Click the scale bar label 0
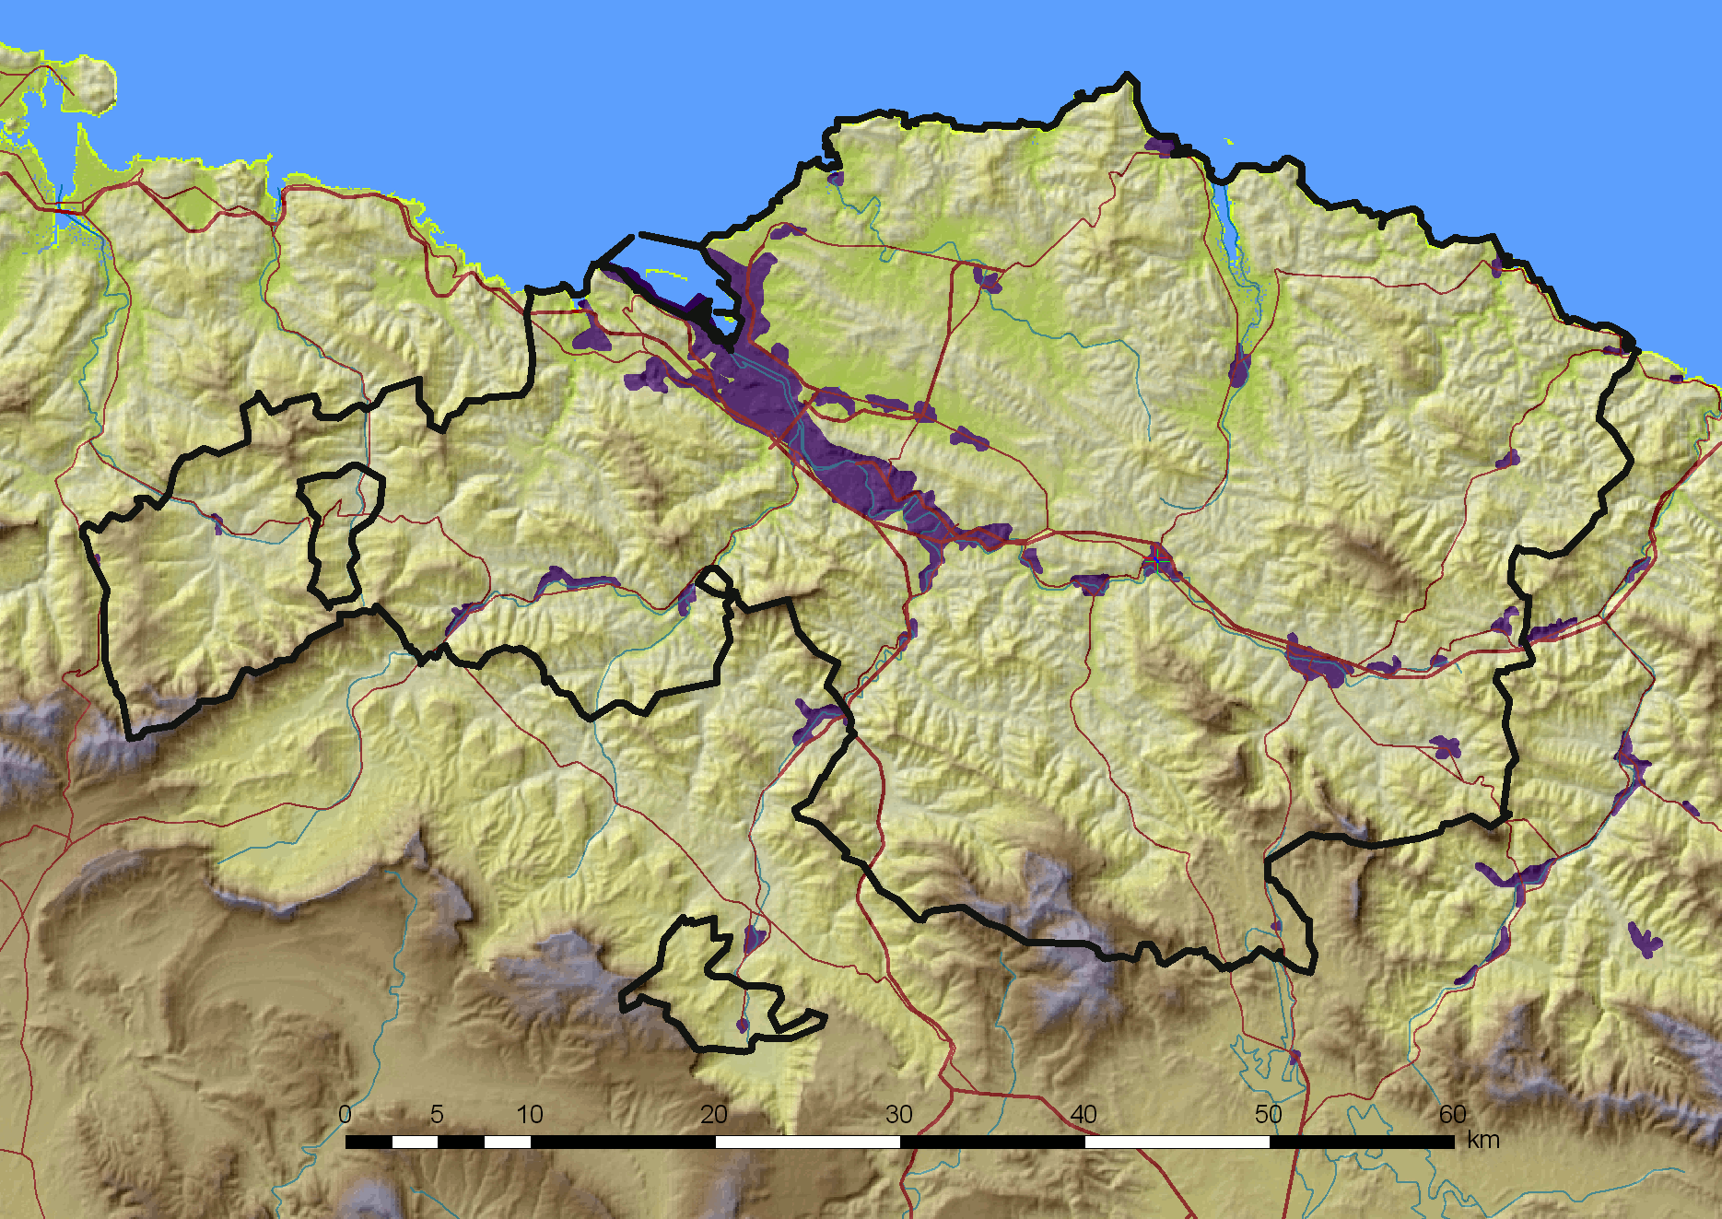click(345, 1115)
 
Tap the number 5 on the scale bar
click(437, 1115)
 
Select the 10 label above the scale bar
click(530, 1115)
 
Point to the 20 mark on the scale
click(714, 1115)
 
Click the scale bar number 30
click(899, 1115)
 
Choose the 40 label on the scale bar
click(1084, 1115)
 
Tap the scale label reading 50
click(1269, 1115)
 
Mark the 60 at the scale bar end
click(1453, 1115)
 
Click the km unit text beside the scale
click(1483, 1141)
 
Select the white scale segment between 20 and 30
click(807, 1143)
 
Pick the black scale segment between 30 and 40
click(992, 1143)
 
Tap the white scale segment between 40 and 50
click(1177, 1143)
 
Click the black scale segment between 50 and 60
click(1362, 1143)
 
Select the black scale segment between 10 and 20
click(623, 1143)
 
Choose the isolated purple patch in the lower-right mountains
click(1644, 940)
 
